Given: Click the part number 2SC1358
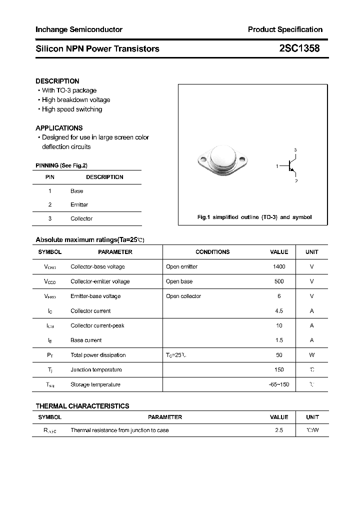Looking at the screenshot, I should tap(299, 48).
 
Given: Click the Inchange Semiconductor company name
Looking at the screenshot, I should tap(78, 29).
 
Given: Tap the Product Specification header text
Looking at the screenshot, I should tap(285, 29).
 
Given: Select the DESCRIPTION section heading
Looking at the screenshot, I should tap(57, 81).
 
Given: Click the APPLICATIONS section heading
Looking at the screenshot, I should tap(59, 128).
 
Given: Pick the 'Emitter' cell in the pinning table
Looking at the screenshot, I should tap(79, 204).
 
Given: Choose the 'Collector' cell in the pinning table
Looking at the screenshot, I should tap(81, 218).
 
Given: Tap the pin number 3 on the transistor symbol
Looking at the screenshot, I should tap(295, 150).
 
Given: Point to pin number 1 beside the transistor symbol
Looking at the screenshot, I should tap(276, 166).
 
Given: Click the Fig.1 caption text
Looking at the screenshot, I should tap(254, 217).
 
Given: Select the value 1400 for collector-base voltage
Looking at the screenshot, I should tap(279, 266).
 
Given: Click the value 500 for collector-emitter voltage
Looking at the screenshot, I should tap(279, 281).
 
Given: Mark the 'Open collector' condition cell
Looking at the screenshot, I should tap(183, 296).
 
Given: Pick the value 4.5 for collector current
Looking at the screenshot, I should tap(279, 311).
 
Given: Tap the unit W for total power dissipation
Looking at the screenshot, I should tap(311, 355).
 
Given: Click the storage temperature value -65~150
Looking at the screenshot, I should tap(278, 384).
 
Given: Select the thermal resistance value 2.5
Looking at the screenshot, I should tap(279, 430).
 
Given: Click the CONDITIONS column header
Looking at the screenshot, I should tap(212, 252).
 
